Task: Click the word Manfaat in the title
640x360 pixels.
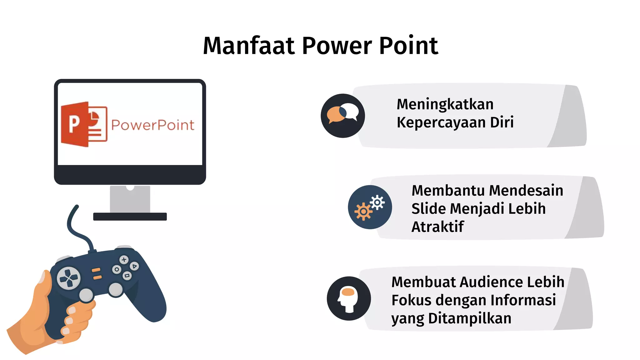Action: [249, 46]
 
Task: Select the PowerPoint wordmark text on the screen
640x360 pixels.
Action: [152, 125]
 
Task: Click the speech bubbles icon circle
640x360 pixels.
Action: [343, 116]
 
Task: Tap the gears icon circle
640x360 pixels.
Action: [370, 207]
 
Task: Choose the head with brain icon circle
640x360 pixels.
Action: [349, 298]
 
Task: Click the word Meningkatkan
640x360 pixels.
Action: [445, 104]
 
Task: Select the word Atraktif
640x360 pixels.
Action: [437, 227]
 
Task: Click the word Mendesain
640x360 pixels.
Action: [526, 191]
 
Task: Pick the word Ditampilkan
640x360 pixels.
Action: [470, 318]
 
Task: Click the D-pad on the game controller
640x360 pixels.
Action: [68, 278]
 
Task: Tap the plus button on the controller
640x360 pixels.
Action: [124, 260]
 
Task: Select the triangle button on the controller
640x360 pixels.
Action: [134, 266]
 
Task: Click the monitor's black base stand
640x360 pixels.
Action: [130, 217]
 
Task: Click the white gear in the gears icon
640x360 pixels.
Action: [377, 203]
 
